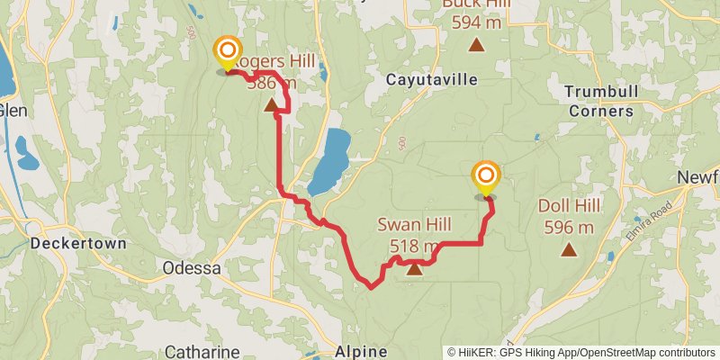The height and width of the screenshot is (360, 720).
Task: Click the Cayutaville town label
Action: (x=431, y=79)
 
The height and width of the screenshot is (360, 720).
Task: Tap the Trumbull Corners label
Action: (x=598, y=101)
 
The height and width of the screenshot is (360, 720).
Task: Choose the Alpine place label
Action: (x=361, y=351)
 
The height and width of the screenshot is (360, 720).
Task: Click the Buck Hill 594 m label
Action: (x=476, y=14)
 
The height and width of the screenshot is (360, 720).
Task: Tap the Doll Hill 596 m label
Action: (x=569, y=215)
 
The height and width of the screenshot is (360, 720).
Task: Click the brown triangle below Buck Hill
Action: (x=476, y=44)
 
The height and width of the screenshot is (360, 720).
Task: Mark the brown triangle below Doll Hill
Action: (x=569, y=249)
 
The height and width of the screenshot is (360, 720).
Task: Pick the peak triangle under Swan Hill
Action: (x=414, y=267)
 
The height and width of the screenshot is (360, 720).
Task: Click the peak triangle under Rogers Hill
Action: (x=272, y=105)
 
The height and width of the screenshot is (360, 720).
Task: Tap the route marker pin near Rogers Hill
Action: (x=228, y=52)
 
